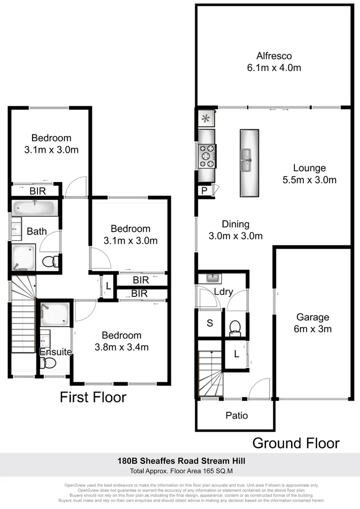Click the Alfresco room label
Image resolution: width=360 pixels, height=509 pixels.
tap(274, 56)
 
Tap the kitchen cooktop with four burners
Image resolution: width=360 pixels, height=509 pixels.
tap(206, 156)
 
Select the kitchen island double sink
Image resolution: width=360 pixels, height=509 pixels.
tap(249, 163)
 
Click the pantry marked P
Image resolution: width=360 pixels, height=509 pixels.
tap(204, 190)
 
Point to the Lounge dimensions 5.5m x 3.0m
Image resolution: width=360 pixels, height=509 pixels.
tap(309, 180)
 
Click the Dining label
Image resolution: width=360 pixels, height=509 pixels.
tap(236, 224)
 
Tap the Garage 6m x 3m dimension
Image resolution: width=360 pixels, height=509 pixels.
tap(312, 329)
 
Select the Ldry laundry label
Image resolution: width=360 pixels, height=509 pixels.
tap(223, 292)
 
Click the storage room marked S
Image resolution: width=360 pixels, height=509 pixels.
tap(210, 323)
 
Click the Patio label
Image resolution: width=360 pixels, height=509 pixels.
tap(236, 415)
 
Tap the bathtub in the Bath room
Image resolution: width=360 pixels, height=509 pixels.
tap(35, 208)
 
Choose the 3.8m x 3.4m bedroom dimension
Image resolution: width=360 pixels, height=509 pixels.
tap(122, 347)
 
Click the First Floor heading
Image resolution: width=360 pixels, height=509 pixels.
tap(93, 397)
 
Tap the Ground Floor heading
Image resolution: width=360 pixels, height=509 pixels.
tap(295, 443)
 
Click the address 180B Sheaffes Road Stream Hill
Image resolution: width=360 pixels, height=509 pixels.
tap(181, 460)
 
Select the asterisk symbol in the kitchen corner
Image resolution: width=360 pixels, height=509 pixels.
tap(205, 118)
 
